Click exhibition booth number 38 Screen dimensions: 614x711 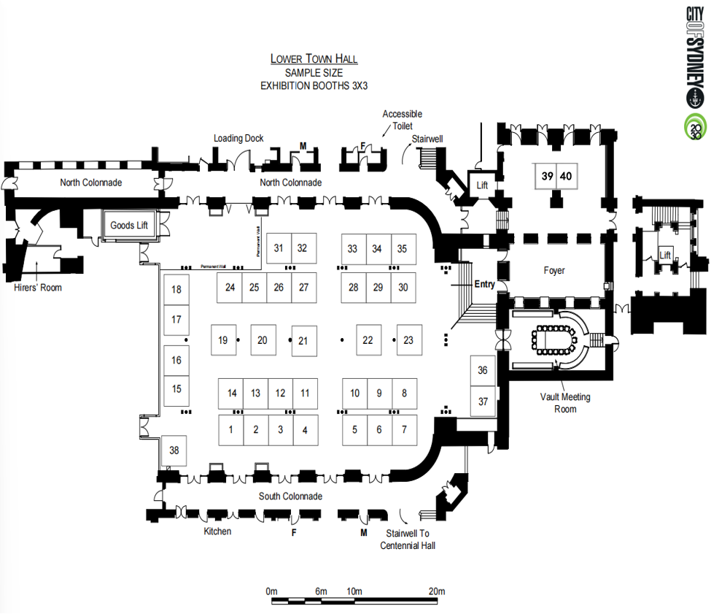(x=174, y=450)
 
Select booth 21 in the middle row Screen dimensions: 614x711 (x=304, y=340)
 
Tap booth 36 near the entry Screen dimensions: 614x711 (x=482, y=371)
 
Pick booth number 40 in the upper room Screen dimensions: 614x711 (x=566, y=175)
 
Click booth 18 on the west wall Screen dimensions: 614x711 (x=176, y=290)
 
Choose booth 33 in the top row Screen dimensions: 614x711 (x=353, y=248)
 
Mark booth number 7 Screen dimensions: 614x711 (x=405, y=429)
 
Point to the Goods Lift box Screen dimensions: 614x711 (x=128, y=225)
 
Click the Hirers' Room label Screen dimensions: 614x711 (x=38, y=288)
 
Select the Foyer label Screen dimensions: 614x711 (x=554, y=270)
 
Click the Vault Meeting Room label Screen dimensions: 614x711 (x=565, y=403)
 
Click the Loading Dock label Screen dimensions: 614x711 (x=238, y=138)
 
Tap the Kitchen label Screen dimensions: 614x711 (x=217, y=532)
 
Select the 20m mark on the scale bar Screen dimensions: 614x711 (x=437, y=591)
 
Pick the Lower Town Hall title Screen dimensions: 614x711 (x=314, y=59)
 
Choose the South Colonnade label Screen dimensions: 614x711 (x=291, y=496)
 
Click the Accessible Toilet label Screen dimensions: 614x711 (x=402, y=120)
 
